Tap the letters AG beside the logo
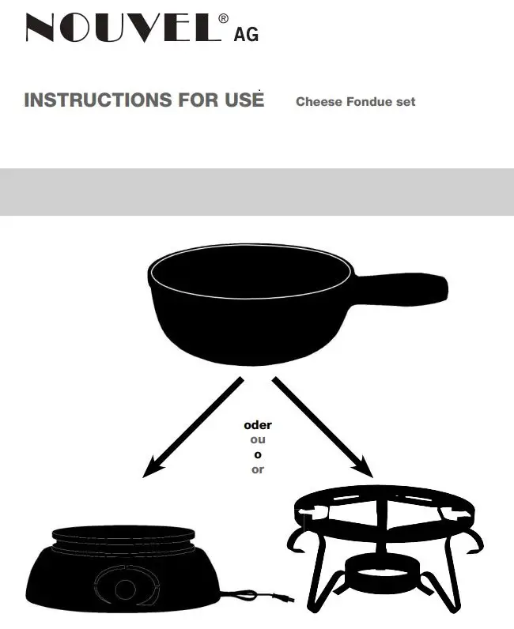[246, 33]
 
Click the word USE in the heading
[244, 100]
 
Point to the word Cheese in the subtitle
[315, 102]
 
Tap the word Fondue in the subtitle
[365, 102]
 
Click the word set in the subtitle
[406, 102]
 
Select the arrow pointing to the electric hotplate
[194, 427]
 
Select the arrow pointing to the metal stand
[323, 427]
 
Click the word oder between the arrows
[258, 425]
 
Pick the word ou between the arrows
[258, 439]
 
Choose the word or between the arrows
[258, 469]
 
